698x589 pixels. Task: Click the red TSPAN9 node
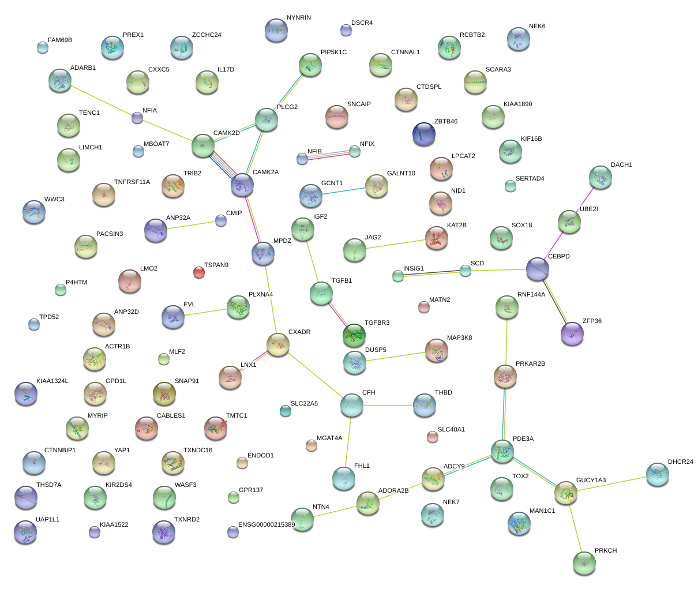(x=198, y=272)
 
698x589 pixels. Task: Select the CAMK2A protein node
(x=242, y=185)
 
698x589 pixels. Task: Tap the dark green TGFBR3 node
(x=354, y=335)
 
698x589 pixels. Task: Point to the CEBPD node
(x=538, y=269)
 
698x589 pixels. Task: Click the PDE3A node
(x=502, y=451)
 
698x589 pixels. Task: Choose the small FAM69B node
(x=43, y=47)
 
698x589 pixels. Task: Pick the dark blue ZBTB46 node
(x=424, y=134)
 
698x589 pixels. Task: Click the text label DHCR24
(x=680, y=462)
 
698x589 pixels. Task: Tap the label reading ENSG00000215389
(x=267, y=525)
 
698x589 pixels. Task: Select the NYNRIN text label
(x=298, y=18)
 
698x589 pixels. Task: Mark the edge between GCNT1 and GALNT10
(x=343, y=191)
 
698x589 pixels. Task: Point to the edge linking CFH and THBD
(x=388, y=405)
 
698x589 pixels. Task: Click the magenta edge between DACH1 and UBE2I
(x=585, y=200)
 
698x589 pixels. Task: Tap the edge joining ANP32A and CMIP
(x=189, y=226)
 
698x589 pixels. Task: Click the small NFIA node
(x=137, y=118)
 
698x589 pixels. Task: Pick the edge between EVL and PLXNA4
(x=205, y=312)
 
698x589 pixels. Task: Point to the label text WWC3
(x=54, y=200)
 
